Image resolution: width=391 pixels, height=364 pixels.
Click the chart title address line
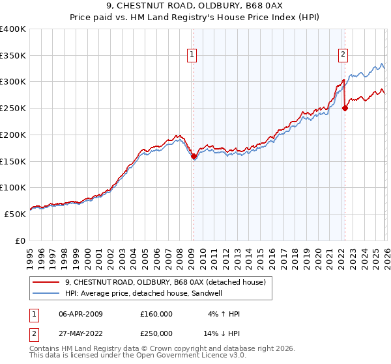tap(195, 7)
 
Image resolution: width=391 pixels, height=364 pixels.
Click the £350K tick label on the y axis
tap(13, 55)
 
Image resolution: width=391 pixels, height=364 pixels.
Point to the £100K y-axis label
tap(13, 187)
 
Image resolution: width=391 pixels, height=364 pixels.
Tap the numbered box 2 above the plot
tap(343, 55)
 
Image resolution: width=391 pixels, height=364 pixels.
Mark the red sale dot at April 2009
tap(194, 156)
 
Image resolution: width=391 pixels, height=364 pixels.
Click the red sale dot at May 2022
tap(345, 109)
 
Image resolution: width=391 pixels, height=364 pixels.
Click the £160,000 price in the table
tap(156, 314)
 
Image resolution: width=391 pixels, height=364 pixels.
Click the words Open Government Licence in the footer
tap(189, 356)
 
